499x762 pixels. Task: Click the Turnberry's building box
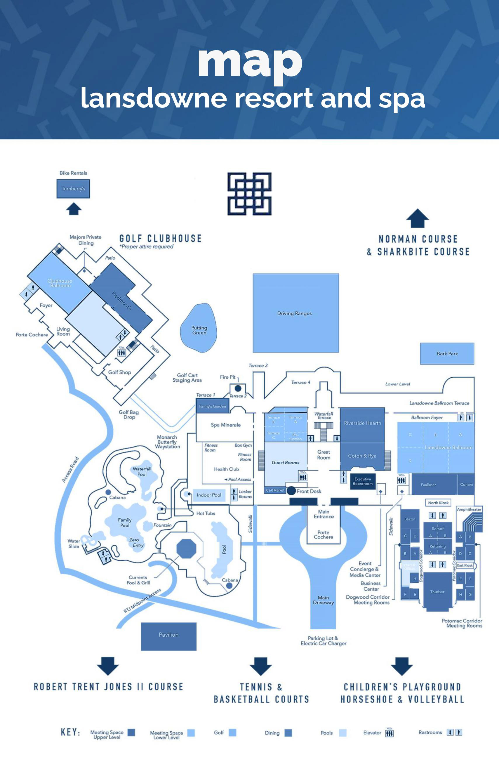pos(73,189)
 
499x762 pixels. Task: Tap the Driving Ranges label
pos(294,313)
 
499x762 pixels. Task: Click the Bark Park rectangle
pos(447,353)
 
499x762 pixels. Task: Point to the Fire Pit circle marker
pos(238,388)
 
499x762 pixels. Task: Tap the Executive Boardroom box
pos(363,481)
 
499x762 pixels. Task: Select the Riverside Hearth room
pos(362,423)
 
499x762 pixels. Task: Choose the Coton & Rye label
pos(362,456)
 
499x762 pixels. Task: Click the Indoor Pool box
pos(209,495)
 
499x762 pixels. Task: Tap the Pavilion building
pos(169,635)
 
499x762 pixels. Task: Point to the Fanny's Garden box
pos(212,406)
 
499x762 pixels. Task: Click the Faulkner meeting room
pos(428,485)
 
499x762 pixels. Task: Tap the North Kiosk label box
pos(438,503)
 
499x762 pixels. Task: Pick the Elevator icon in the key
pos(389,732)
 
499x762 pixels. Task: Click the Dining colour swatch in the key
pos(288,733)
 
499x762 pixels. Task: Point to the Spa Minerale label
pos(226,425)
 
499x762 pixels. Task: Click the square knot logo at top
pos(250,194)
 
